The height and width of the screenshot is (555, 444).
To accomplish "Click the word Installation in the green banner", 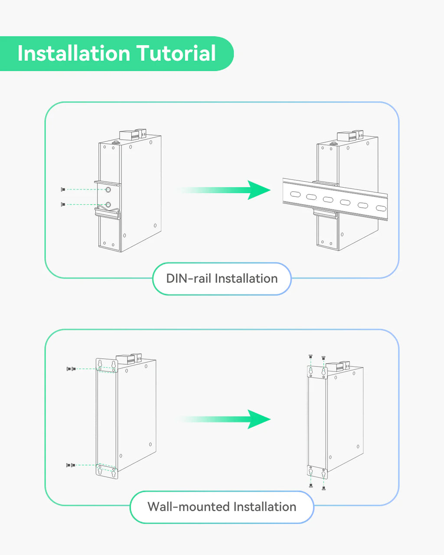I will (x=73, y=54).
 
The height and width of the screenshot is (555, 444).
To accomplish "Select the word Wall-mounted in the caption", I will (x=188, y=506).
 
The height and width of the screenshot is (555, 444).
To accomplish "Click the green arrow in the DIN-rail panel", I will (x=225, y=190).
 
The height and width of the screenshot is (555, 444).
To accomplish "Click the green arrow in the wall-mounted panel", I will (x=225, y=419).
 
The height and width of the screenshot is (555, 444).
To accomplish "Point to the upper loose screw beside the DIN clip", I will (x=63, y=189).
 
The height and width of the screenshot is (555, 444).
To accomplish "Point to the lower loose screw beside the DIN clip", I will (x=63, y=204).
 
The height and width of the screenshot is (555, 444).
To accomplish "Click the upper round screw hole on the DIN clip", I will (x=108, y=189).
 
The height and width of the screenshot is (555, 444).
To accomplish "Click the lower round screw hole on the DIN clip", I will (x=108, y=205).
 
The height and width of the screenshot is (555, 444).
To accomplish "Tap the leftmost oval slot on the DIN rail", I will (x=294, y=194).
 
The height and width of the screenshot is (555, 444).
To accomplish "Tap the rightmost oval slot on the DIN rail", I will (x=380, y=208).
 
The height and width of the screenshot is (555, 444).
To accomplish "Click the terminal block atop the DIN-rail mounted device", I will (x=349, y=136).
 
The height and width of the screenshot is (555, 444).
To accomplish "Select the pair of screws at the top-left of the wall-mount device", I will (x=71, y=369).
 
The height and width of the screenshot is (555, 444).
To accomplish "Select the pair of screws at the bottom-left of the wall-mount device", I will (x=71, y=465).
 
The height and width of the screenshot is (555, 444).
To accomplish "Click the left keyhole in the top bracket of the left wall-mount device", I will (x=100, y=363).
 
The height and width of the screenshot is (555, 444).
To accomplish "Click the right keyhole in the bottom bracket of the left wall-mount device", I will (x=114, y=473).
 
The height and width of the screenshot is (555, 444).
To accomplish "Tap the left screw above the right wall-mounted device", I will (x=310, y=356).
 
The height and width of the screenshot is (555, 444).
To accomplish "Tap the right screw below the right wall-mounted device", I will (x=324, y=488).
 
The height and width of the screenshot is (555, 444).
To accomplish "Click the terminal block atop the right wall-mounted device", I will (x=338, y=366).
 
